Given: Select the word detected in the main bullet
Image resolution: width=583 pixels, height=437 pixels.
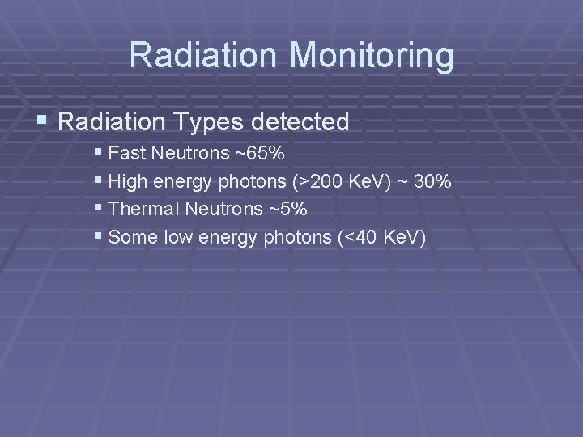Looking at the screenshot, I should (x=300, y=123).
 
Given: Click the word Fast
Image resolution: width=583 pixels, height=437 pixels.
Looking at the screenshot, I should (x=125, y=153).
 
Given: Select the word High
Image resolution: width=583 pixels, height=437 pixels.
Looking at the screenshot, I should (x=126, y=181).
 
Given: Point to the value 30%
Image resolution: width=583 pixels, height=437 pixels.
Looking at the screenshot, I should (x=431, y=181).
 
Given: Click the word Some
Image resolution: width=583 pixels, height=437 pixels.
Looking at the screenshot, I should (x=128, y=238).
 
